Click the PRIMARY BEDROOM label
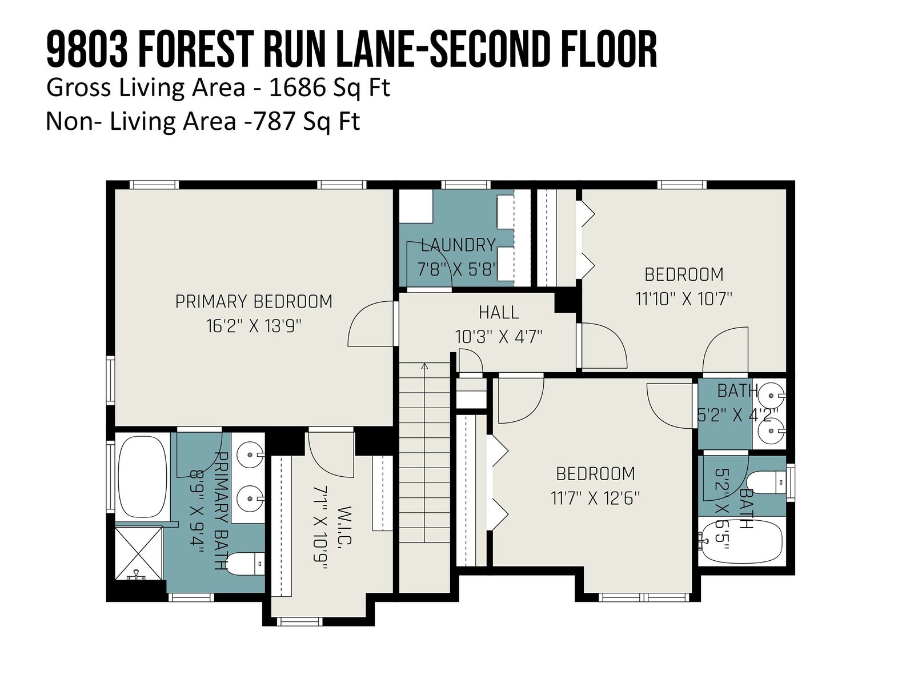coord(254,302)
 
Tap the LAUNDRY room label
coord(458,245)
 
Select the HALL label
coord(499,312)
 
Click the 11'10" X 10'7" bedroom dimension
coord(684,298)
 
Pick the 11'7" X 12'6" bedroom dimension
coord(595,498)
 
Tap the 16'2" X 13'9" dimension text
coord(254,326)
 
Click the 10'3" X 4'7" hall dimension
coord(499,337)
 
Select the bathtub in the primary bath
coord(142,477)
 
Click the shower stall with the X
coord(139,553)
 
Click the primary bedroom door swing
coord(370,324)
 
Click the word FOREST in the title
coord(194,49)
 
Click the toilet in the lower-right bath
coord(765,482)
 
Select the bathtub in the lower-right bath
coord(742,541)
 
